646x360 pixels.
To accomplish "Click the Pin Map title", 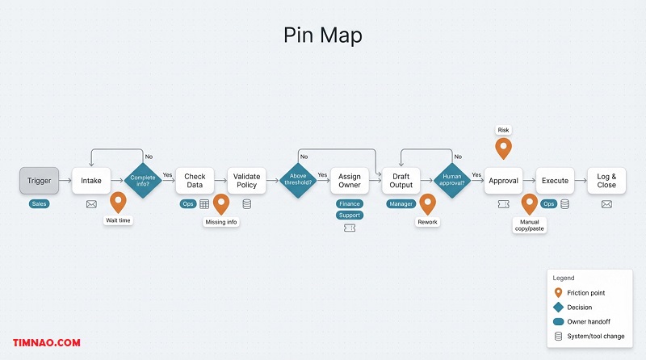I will pos(322,36).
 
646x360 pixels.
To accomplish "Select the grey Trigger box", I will pos(40,181).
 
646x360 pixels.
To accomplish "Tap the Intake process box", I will pos(91,181).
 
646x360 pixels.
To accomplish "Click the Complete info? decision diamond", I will pos(142,180).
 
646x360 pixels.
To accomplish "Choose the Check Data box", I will pos(195,181).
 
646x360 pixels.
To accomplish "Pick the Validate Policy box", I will pos(246,181).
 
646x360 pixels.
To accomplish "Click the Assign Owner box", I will pos(350,181).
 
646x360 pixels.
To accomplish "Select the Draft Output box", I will pos(401,181).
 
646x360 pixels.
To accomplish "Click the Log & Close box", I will pos(606,181).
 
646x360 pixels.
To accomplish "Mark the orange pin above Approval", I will pos(503,148).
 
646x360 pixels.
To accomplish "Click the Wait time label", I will pos(118,220).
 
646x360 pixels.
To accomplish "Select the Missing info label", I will pos(221,222).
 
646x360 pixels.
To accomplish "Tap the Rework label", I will pos(427,222).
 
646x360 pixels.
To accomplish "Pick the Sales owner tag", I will pos(40,204).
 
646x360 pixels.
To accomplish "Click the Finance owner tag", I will pos(350,204).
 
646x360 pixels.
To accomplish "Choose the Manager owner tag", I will pos(401,204).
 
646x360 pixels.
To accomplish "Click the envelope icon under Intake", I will pos(91,204).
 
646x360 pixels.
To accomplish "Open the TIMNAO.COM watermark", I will pos(47,343).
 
